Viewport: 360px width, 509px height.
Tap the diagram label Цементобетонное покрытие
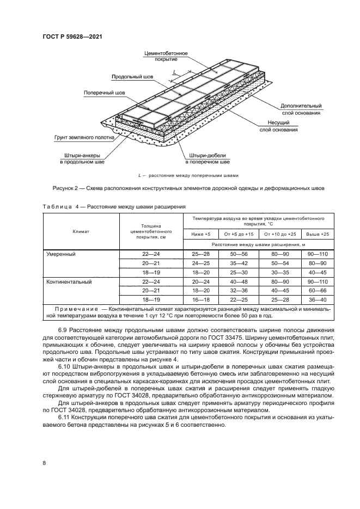166,56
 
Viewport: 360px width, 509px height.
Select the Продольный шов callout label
133,77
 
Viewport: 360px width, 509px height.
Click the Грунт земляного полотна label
84,138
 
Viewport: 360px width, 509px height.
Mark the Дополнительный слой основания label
301,109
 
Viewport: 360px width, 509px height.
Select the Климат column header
81,231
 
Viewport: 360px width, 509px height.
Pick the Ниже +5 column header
200,234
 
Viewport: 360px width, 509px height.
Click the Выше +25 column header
318,234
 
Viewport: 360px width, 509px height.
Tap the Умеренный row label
60,254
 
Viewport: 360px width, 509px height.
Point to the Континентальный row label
69,282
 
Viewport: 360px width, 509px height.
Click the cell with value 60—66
318,291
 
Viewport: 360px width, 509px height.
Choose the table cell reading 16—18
200,300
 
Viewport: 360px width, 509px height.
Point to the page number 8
44,463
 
